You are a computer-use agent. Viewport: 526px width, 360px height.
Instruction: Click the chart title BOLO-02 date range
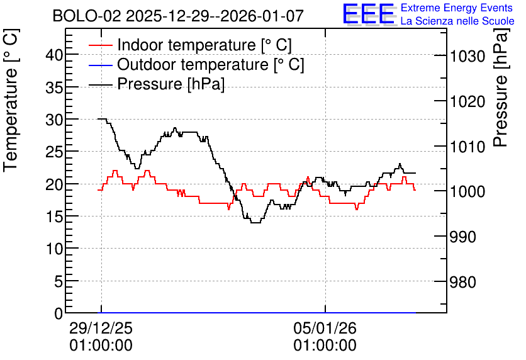coord(178,16)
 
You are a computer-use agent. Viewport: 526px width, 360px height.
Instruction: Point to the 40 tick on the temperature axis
coord(54,55)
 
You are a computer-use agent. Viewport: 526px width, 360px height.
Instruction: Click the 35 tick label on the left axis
coord(54,87)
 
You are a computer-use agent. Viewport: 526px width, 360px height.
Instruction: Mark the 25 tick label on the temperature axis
coord(54,152)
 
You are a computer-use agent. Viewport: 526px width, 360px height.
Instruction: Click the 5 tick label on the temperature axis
coord(59,281)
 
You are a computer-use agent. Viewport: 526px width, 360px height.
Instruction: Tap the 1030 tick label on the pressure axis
coord(467,56)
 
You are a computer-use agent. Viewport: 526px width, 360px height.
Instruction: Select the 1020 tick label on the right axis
coord(467,101)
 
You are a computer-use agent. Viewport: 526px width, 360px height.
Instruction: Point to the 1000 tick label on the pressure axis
coord(467,191)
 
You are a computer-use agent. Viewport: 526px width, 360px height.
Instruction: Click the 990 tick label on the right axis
coord(463,237)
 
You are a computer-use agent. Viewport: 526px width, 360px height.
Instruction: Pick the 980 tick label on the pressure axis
coord(463,282)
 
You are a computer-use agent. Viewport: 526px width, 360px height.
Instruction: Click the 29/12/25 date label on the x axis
coord(101,328)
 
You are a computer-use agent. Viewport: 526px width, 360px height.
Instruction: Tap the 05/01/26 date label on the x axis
coord(325,328)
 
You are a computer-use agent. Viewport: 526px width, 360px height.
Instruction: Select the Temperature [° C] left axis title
coord(11,101)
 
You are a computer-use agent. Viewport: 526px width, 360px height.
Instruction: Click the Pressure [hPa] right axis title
coord(500,87)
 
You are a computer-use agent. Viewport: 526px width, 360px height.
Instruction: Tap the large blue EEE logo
coord(368,14)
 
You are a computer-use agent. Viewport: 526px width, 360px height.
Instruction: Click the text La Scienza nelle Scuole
coord(457,21)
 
